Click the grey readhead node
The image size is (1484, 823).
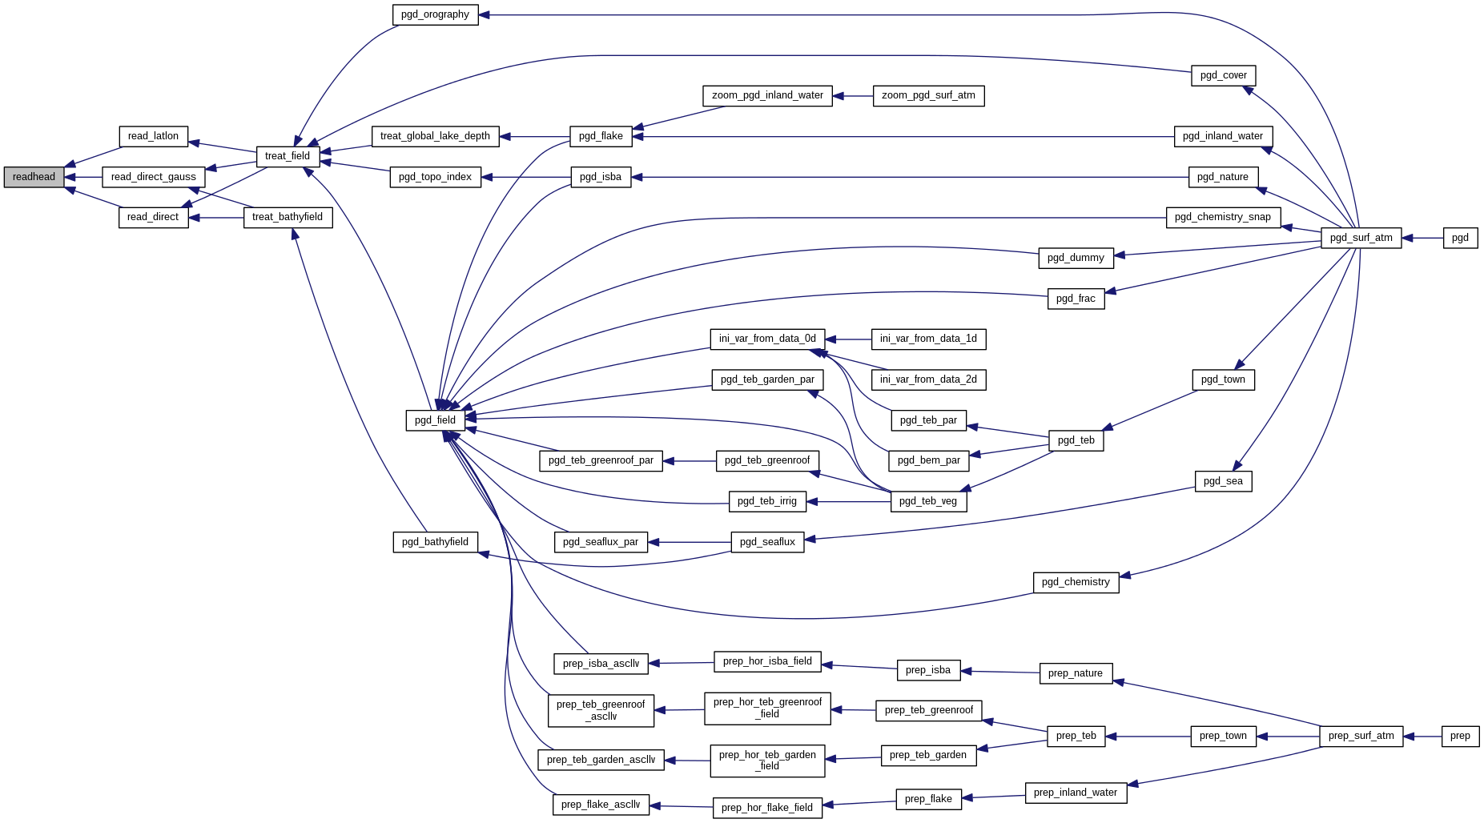coord(34,177)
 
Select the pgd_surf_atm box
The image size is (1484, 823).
coord(1361,238)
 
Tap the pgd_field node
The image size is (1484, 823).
coord(435,420)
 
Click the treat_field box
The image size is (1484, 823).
coord(288,156)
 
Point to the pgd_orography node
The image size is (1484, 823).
coord(435,14)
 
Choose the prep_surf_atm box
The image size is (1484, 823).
coord(1361,736)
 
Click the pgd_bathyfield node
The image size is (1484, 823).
coord(435,542)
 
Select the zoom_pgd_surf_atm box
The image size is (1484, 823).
coord(928,95)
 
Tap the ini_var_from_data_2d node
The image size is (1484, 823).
coord(928,379)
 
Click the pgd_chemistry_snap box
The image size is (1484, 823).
coord(1223,217)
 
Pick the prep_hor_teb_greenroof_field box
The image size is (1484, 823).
coord(767,709)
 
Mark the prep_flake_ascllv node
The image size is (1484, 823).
coord(601,805)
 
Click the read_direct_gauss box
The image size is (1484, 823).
coord(153,177)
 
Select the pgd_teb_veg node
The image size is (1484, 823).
coord(928,501)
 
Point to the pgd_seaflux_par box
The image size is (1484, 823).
coord(601,542)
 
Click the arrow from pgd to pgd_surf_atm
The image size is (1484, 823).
coord(1422,238)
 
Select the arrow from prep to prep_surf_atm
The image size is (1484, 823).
coord(1422,736)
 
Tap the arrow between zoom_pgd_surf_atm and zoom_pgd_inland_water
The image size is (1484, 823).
coord(852,96)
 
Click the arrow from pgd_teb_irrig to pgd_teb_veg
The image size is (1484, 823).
coord(849,502)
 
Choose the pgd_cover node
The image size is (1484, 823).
coord(1223,75)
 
